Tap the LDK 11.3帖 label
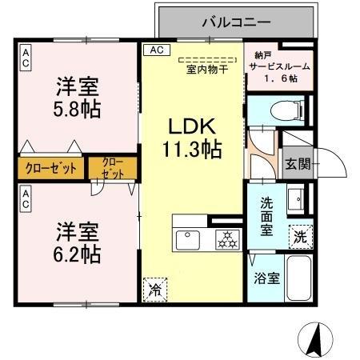[194, 137]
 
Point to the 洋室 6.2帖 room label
[78, 243]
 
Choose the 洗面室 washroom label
[266, 215]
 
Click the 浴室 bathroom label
[266, 278]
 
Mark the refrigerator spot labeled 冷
[154, 289]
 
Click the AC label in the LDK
[155, 50]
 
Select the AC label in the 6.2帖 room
[26, 199]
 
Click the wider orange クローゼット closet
[50, 169]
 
